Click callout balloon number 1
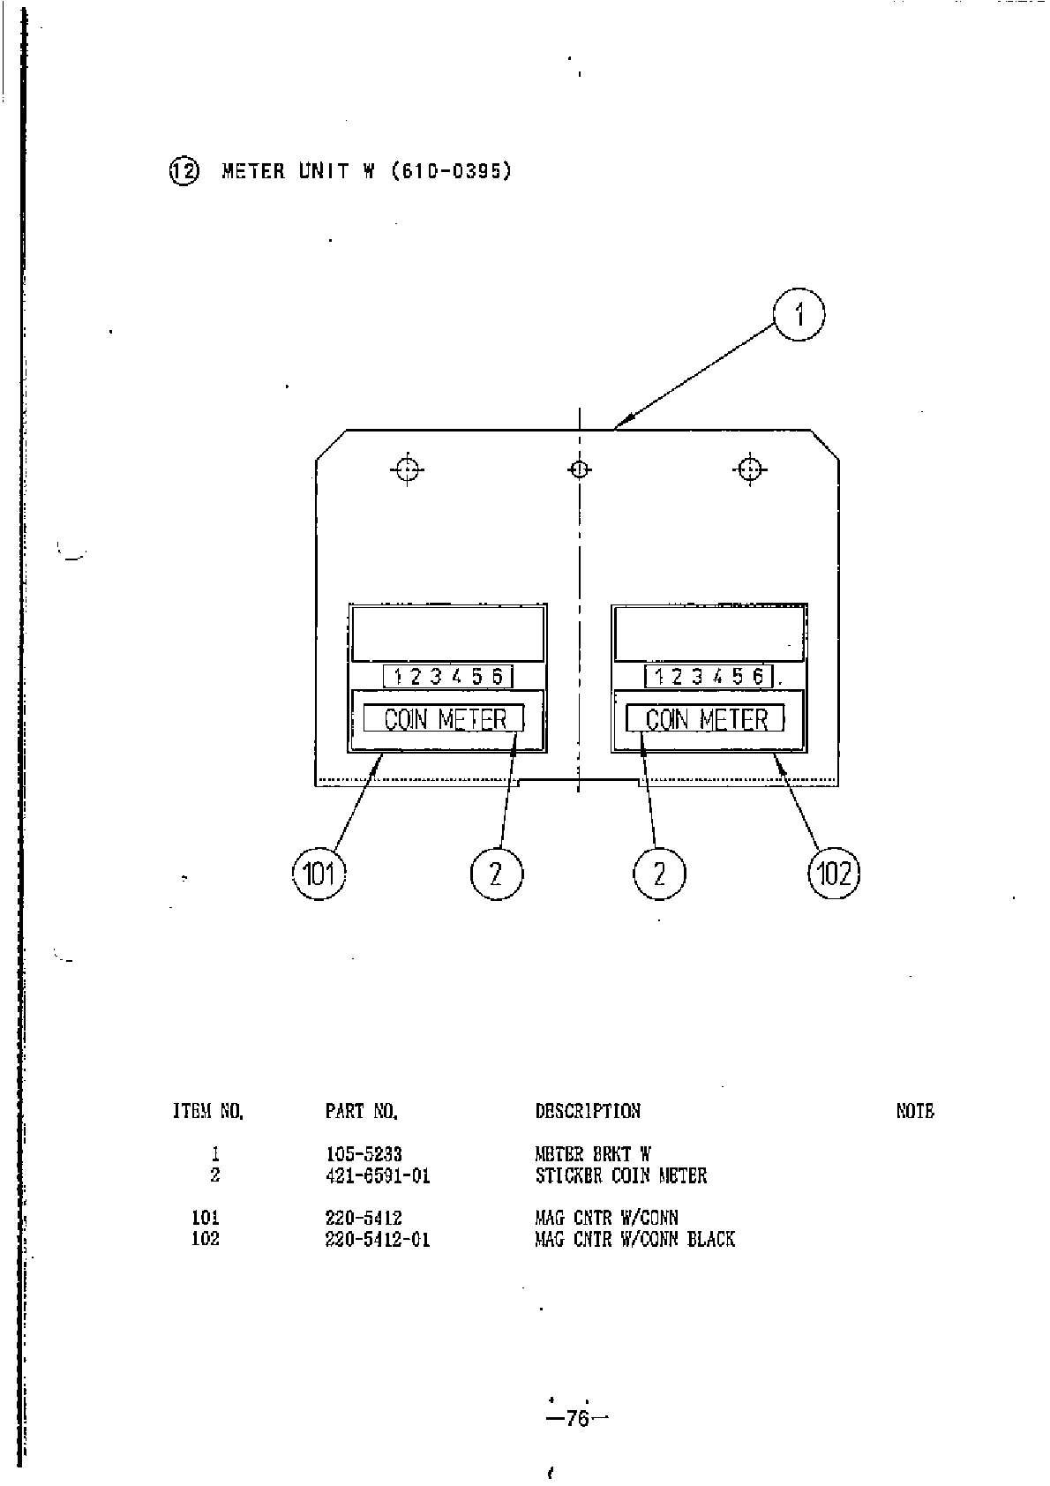click(x=799, y=315)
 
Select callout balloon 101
click(x=319, y=874)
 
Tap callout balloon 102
click(x=834, y=874)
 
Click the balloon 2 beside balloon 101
click(x=496, y=874)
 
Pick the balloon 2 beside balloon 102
click(x=659, y=874)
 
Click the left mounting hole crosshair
click(x=407, y=469)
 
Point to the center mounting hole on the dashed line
click(x=579, y=469)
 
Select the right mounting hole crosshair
click(x=749, y=469)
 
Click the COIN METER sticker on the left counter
click(x=445, y=719)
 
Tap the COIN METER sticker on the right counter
click(x=706, y=719)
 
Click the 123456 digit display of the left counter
click(x=448, y=677)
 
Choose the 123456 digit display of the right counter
click(x=709, y=677)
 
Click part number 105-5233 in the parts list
click(x=364, y=1154)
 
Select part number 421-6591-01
click(x=378, y=1175)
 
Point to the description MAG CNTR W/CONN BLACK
click(x=634, y=1239)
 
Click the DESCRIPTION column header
click(x=588, y=1112)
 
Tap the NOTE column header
click(x=914, y=1112)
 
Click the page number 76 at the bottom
click(x=578, y=1418)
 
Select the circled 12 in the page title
click(x=184, y=170)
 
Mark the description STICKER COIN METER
click(x=621, y=1175)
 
